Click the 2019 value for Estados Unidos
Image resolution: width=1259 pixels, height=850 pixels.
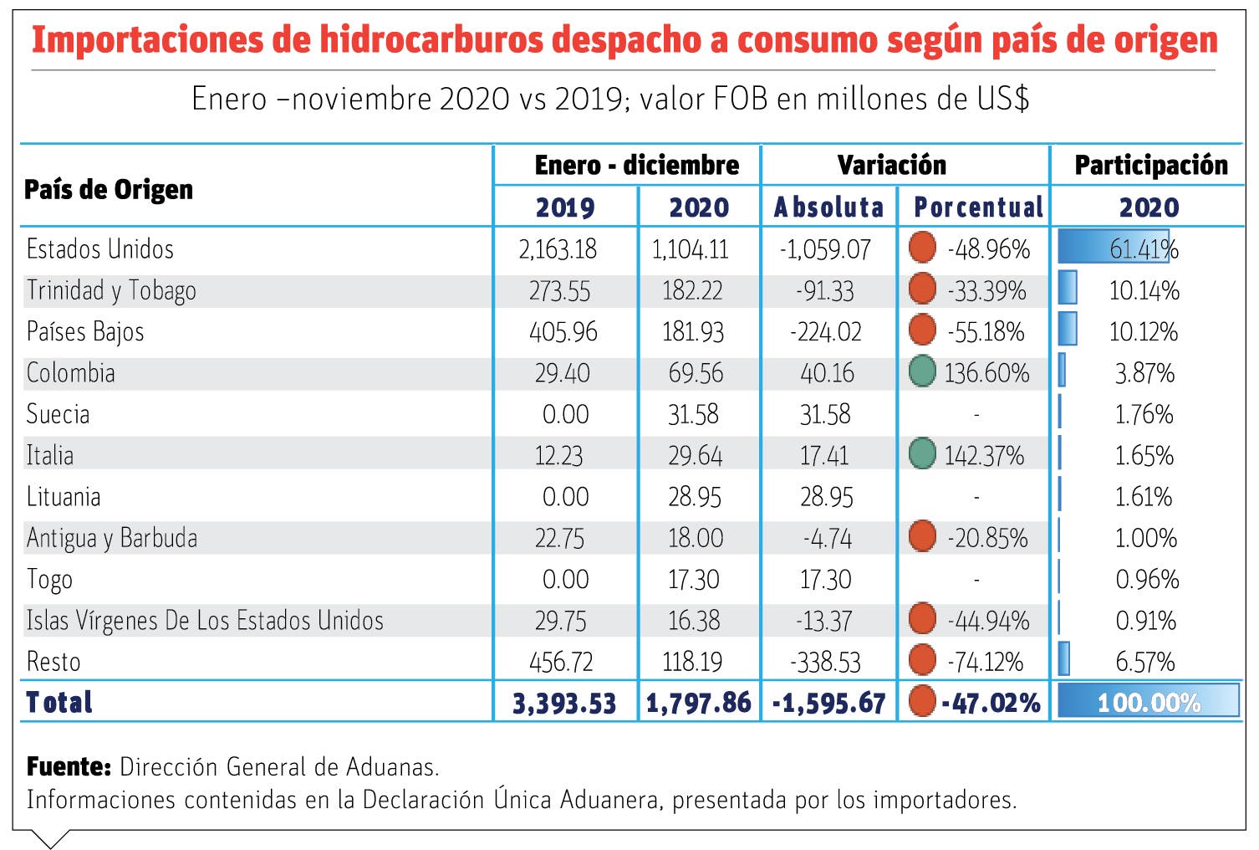pyautogui.click(x=558, y=249)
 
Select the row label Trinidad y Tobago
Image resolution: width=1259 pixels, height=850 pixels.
pyautogui.click(x=111, y=290)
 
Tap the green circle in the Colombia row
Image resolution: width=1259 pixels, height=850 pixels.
pyautogui.click(x=922, y=371)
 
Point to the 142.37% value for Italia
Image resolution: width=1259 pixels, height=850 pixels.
pyautogui.click(x=984, y=455)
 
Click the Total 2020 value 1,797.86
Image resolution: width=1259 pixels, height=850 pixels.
pyautogui.click(x=698, y=703)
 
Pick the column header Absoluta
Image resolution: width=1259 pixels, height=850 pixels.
pyautogui.click(x=828, y=207)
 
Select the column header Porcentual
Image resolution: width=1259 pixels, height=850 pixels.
pyautogui.click(x=978, y=207)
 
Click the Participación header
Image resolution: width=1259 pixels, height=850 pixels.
pyautogui.click(x=1150, y=165)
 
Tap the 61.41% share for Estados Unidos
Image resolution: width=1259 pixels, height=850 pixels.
pyautogui.click(x=1144, y=248)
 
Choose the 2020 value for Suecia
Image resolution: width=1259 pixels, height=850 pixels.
pyautogui.click(x=696, y=414)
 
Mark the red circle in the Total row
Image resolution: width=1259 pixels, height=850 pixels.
pyautogui.click(x=922, y=701)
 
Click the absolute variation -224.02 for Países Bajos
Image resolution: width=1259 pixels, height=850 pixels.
pyautogui.click(x=825, y=331)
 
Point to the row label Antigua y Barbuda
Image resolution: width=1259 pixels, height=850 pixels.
pyautogui.click(x=112, y=538)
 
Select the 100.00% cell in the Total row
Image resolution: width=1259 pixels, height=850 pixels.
pyautogui.click(x=1149, y=702)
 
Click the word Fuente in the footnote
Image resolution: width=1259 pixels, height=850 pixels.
pyautogui.click(x=69, y=766)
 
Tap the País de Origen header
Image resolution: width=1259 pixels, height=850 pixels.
pyautogui.click(x=109, y=190)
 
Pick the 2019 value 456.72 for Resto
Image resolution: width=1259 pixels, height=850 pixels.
pyautogui.click(x=561, y=662)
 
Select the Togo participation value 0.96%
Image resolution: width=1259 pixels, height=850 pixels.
pyautogui.click(x=1147, y=579)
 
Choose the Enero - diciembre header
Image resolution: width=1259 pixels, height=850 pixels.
pyautogui.click(x=636, y=165)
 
